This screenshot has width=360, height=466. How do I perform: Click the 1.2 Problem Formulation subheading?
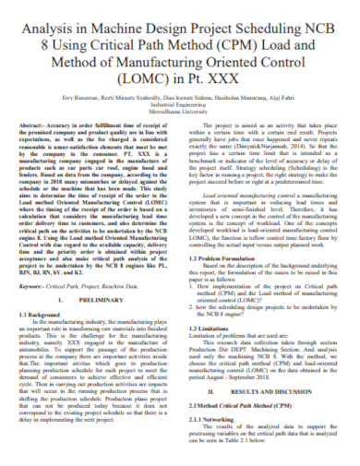coord(221,259)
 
